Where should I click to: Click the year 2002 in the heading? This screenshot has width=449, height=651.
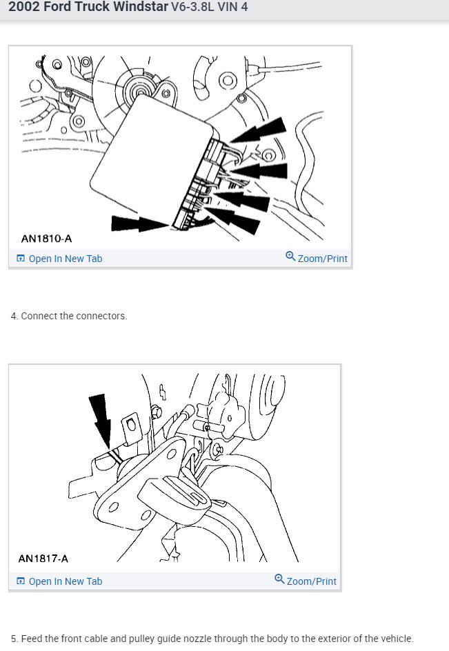point(23,8)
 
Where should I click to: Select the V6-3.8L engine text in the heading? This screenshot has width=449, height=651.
point(194,8)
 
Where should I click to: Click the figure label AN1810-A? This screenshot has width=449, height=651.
point(46,239)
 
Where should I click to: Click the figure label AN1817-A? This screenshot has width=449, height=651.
point(43,559)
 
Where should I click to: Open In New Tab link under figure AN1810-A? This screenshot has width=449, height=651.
point(65,259)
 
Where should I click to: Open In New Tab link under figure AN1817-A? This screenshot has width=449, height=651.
point(65,581)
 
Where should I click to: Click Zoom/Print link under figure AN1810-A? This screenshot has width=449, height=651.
point(322,259)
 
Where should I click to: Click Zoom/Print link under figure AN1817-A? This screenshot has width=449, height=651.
point(311,581)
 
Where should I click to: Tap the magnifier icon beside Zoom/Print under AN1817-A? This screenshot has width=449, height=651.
point(279,579)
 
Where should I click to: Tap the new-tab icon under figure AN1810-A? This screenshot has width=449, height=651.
point(21,259)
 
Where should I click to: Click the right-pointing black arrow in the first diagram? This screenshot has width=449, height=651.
point(139,223)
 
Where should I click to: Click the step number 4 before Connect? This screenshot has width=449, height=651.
point(13,316)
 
